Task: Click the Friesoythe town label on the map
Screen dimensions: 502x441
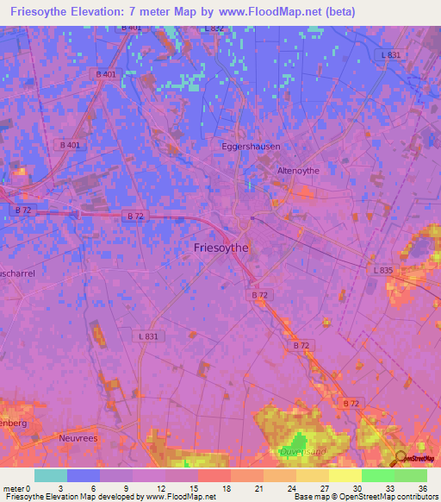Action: [217, 247]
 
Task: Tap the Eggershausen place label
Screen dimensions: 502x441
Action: [251, 147]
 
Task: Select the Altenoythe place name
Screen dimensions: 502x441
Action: [298, 171]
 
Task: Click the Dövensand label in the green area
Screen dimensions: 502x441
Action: [299, 451]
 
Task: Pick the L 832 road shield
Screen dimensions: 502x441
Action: [214, 28]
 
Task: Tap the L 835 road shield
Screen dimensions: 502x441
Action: [384, 270]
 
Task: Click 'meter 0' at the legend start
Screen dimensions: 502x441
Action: [19, 488]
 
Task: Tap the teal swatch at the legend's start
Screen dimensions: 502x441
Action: [51, 475]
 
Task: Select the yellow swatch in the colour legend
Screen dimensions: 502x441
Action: [345, 475]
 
